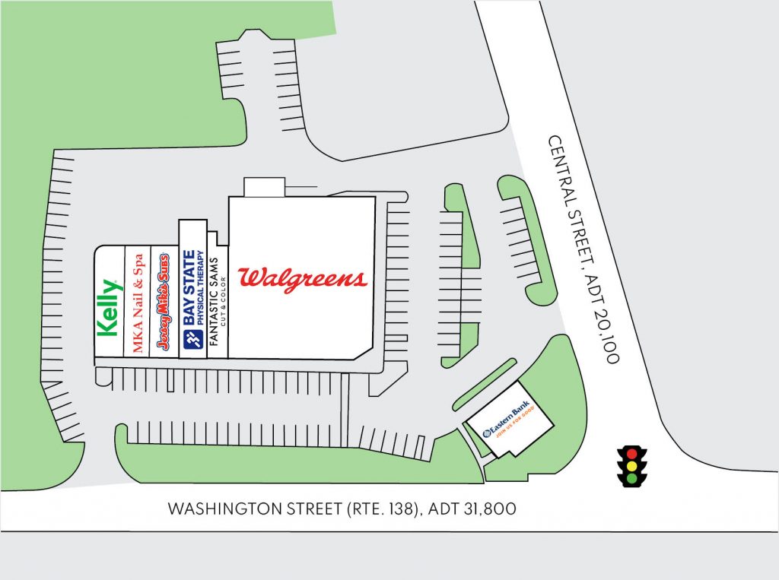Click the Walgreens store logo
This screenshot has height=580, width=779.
[302, 278]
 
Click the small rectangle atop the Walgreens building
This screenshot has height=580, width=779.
[264, 187]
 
